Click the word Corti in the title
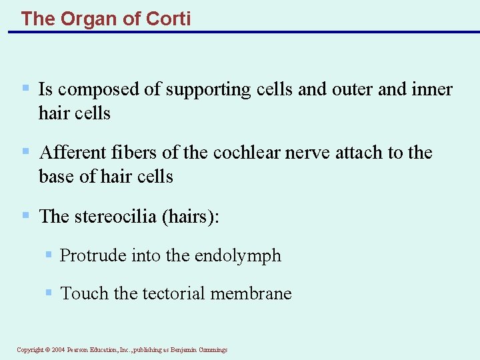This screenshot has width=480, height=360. pyautogui.click(x=168, y=19)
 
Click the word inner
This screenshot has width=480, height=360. pyautogui.click(x=431, y=89)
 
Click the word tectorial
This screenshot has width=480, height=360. pyautogui.click(x=175, y=293)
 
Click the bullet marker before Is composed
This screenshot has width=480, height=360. pyautogui.click(x=25, y=88)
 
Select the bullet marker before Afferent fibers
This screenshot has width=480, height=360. pyautogui.click(x=25, y=151)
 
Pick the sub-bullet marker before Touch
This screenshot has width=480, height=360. pyautogui.click(x=49, y=292)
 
